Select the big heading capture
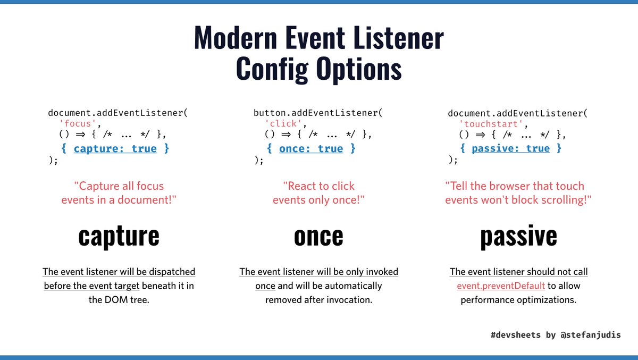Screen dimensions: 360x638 click(119, 236)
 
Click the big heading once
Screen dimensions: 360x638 click(318, 236)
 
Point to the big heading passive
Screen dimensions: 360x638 click(518, 236)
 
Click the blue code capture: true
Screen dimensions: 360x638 click(115, 148)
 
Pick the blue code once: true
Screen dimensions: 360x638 click(311, 148)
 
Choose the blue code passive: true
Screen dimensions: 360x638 click(510, 148)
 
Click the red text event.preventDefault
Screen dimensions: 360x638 click(501, 286)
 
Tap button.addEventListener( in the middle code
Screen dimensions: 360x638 click(318, 113)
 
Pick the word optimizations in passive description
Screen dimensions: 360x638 click(547, 299)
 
